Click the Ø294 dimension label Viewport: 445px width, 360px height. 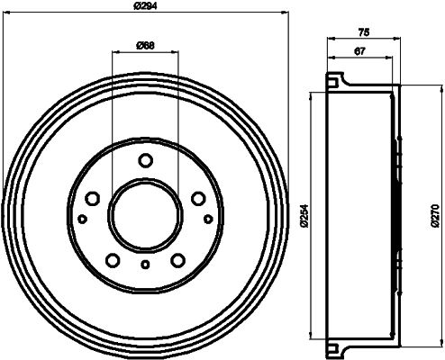[x=147, y=7]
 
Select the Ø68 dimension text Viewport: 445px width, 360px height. [x=144, y=46]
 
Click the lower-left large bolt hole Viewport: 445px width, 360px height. [x=113, y=261]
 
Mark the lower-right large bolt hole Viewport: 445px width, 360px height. [x=177, y=261]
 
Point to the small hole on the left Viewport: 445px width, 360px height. [x=82, y=219]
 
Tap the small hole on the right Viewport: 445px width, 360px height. [x=208, y=219]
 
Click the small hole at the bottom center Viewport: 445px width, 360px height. [x=145, y=265]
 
